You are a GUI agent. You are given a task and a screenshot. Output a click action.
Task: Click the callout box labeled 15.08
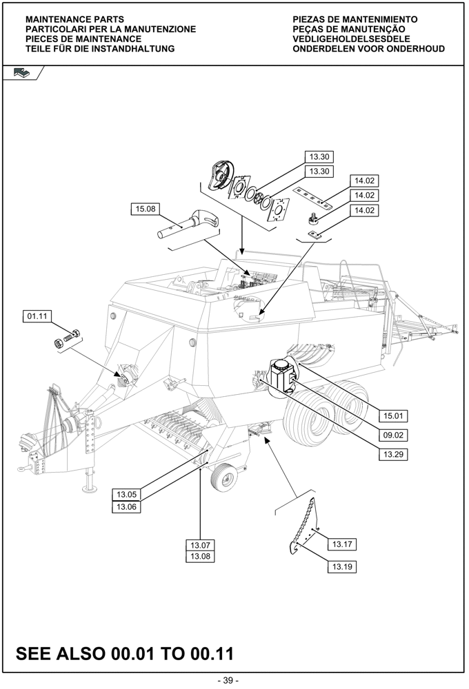(x=146, y=209)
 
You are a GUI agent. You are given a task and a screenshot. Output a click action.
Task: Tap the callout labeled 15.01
(x=392, y=415)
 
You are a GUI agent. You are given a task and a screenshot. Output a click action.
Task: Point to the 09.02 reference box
(x=392, y=435)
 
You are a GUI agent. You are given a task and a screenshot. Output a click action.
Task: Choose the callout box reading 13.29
(x=392, y=454)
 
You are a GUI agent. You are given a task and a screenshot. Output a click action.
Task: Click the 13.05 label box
(x=126, y=494)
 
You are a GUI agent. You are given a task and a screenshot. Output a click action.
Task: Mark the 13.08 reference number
(x=201, y=556)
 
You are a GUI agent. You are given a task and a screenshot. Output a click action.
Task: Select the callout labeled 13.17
(x=342, y=545)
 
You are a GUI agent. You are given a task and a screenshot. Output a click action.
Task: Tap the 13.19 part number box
(x=342, y=567)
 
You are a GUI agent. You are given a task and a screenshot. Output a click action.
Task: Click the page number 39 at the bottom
(x=228, y=681)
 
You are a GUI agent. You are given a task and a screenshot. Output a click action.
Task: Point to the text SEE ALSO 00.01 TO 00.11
(x=125, y=652)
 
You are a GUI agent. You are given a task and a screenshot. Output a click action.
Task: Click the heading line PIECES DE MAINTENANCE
(x=83, y=39)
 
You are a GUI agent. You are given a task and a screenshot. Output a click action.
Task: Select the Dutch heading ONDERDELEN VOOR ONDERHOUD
(x=368, y=49)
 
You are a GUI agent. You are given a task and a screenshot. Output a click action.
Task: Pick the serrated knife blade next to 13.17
(x=303, y=527)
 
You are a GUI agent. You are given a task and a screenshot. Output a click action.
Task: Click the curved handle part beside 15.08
(x=194, y=223)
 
